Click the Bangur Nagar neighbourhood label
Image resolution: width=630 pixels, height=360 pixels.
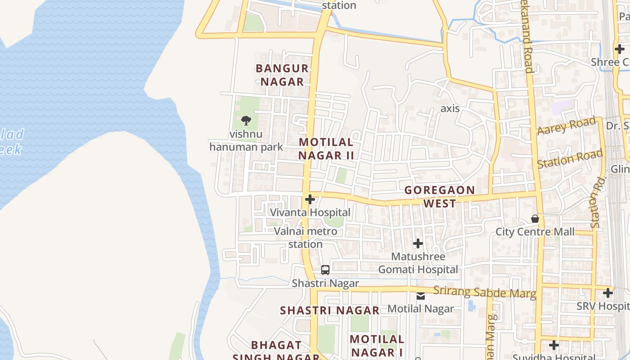tap(282, 75)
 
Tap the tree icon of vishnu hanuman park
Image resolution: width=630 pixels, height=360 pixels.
tap(246, 121)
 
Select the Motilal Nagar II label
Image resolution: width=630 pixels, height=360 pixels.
tap(326, 149)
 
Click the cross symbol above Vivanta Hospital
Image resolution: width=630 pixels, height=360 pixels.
tap(310, 199)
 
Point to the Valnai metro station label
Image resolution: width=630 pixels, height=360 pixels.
tap(306, 238)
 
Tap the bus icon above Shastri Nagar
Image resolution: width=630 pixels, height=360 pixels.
tap(325, 270)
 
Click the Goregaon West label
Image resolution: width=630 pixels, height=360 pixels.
tap(440, 197)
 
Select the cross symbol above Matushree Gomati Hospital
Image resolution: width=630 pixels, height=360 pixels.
tap(418, 243)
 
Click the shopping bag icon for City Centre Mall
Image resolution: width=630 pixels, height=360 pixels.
tap(535, 219)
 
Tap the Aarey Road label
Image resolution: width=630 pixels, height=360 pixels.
tap(566, 126)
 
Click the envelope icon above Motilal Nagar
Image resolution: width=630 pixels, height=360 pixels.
tap(421, 296)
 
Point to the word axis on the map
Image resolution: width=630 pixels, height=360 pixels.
tap(450, 108)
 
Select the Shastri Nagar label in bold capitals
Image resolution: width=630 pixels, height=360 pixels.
tap(330, 310)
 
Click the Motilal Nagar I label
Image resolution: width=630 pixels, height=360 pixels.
tap(377, 346)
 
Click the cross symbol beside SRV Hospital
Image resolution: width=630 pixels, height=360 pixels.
tap(608, 293)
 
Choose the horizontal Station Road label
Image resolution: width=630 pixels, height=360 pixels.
tap(570, 159)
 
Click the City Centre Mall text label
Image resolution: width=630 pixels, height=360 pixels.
tap(535, 232)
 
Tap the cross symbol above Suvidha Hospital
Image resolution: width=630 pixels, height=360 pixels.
tap(554, 345)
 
